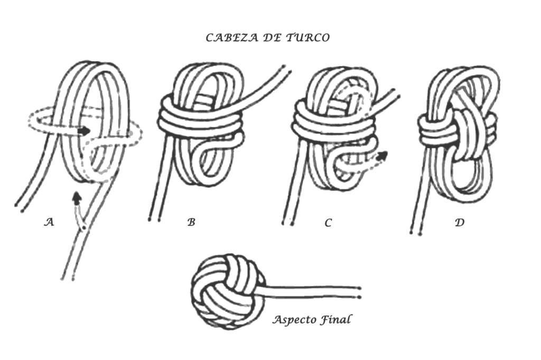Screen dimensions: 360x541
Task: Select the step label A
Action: [49, 222]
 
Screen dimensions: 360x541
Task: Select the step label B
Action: [191, 223]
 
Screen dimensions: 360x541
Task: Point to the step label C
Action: [328, 223]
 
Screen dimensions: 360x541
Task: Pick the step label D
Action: [460, 223]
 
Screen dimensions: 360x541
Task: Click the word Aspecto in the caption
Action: [295, 320]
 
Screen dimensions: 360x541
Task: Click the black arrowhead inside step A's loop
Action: [83, 131]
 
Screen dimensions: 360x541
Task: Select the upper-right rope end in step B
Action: [286, 68]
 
